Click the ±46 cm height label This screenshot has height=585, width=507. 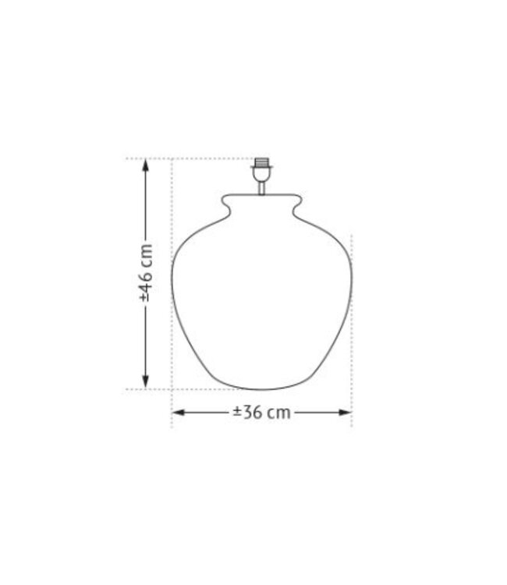coord(146,274)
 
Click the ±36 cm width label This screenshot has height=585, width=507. coord(261,413)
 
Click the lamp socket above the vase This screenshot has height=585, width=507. coord(262,171)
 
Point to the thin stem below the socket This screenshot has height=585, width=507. coord(262,188)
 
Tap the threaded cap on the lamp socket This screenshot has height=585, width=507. coord(262,164)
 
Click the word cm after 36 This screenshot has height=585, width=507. coord(278,413)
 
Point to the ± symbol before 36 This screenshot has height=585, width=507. coord(237,413)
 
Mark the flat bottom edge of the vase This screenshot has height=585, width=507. coord(262,388)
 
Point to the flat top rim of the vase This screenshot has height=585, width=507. coord(262,195)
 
